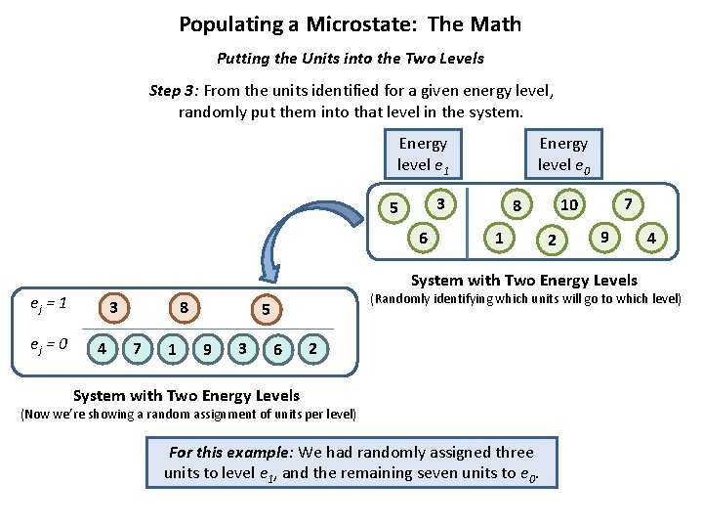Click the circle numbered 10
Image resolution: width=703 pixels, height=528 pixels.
click(568, 204)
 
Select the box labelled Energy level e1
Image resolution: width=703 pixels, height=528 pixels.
click(423, 154)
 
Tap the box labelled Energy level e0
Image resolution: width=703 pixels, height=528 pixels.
click(563, 154)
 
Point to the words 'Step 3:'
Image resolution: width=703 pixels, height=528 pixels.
click(175, 91)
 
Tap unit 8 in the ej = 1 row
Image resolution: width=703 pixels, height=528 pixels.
click(184, 309)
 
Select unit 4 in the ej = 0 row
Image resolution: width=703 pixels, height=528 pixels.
click(102, 348)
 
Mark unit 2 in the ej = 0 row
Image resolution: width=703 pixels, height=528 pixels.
click(310, 348)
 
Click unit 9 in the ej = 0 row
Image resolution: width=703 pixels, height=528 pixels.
click(207, 348)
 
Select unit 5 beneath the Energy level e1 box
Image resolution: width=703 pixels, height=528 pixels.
click(393, 208)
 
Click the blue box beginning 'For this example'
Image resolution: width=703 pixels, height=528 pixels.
click(351, 462)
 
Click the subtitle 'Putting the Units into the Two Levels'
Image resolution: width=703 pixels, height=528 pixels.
click(351, 59)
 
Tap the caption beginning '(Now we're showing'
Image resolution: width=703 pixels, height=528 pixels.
click(187, 415)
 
